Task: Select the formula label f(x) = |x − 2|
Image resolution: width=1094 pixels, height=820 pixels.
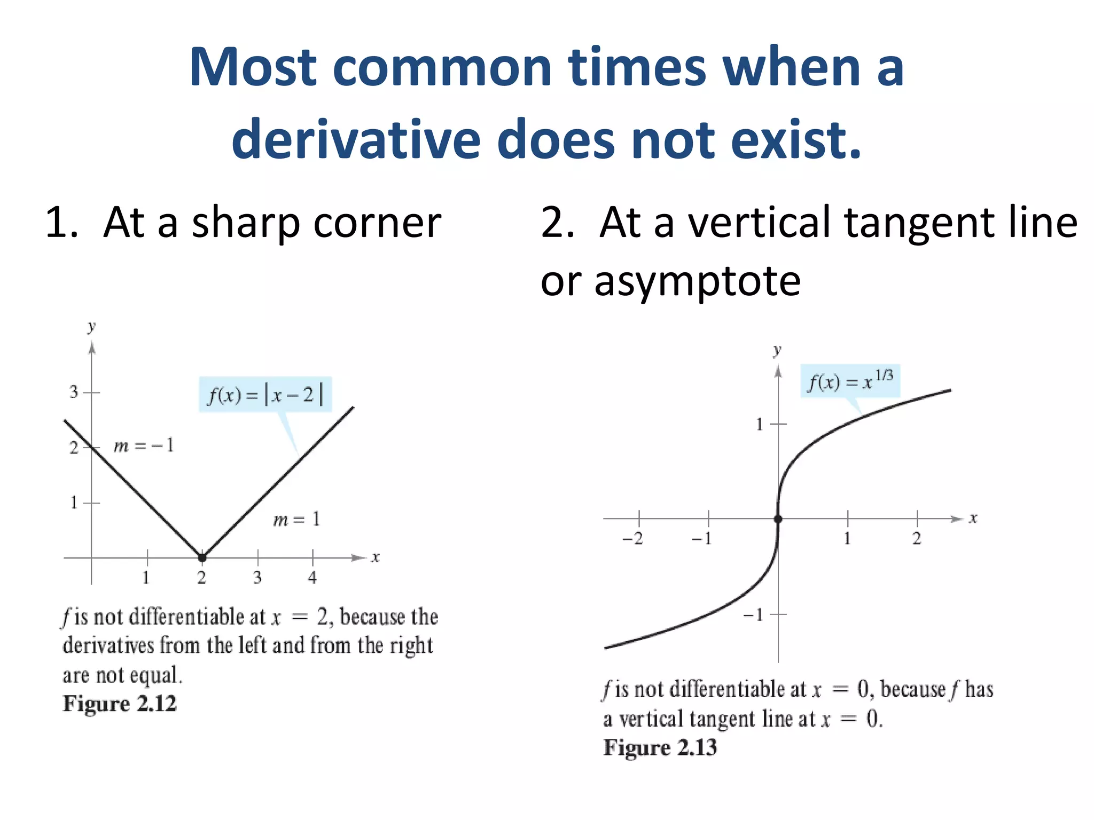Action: pyautogui.click(x=265, y=395)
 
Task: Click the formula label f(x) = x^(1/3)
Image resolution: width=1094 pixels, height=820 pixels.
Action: pyautogui.click(x=850, y=381)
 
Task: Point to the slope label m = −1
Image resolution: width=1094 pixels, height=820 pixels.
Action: pyautogui.click(x=144, y=445)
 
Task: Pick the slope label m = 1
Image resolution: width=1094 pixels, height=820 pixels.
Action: pyautogui.click(x=296, y=519)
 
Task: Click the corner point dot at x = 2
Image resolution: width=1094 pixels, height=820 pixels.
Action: pyautogui.click(x=202, y=558)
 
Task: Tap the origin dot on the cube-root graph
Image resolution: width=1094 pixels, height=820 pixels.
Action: pyautogui.click(x=778, y=519)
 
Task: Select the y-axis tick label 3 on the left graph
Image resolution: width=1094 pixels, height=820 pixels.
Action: pyautogui.click(x=74, y=392)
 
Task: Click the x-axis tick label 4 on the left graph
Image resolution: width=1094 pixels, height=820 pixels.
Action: pyautogui.click(x=312, y=578)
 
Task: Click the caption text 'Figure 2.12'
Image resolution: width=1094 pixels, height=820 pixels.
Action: pyautogui.click(x=120, y=704)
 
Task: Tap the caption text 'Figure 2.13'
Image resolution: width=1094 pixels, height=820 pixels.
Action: pyautogui.click(x=660, y=747)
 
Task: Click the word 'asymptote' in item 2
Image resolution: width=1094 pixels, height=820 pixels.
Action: pyautogui.click(x=697, y=281)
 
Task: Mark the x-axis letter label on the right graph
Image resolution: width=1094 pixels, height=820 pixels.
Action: pyautogui.click(x=973, y=518)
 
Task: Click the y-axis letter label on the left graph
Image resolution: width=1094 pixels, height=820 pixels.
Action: pyautogui.click(x=91, y=326)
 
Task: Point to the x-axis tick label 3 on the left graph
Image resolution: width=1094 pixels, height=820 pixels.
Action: pyautogui.click(x=257, y=578)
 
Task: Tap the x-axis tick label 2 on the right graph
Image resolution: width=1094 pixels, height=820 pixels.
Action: pyautogui.click(x=917, y=538)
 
